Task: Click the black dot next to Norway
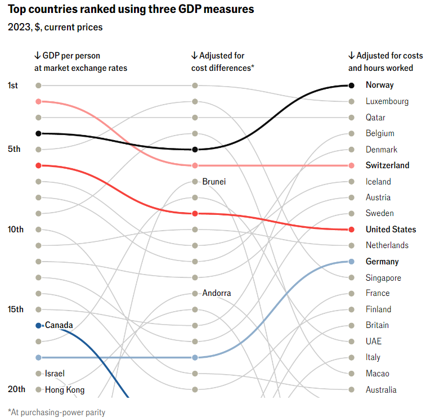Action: coord(351,86)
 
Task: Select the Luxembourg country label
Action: coord(387,101)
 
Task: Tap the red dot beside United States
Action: coord(351,230)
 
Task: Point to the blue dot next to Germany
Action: coord(351,262)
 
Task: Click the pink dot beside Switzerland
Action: coord(351,165)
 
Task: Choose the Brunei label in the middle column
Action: coord(214,182)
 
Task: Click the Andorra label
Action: coord(216,293)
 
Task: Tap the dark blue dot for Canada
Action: coord(38,325)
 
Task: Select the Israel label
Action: coord(55,374)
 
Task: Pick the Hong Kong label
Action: coord(64,389)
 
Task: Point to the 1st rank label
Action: coord(13,86)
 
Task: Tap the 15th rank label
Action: coord(15,309)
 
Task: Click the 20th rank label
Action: coord(16,389)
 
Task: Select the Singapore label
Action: coord(383,278)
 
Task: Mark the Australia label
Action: coord(381,389)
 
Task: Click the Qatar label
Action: coord(375,118)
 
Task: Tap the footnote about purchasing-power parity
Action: coord(56,412)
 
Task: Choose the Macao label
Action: coord(377,374)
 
